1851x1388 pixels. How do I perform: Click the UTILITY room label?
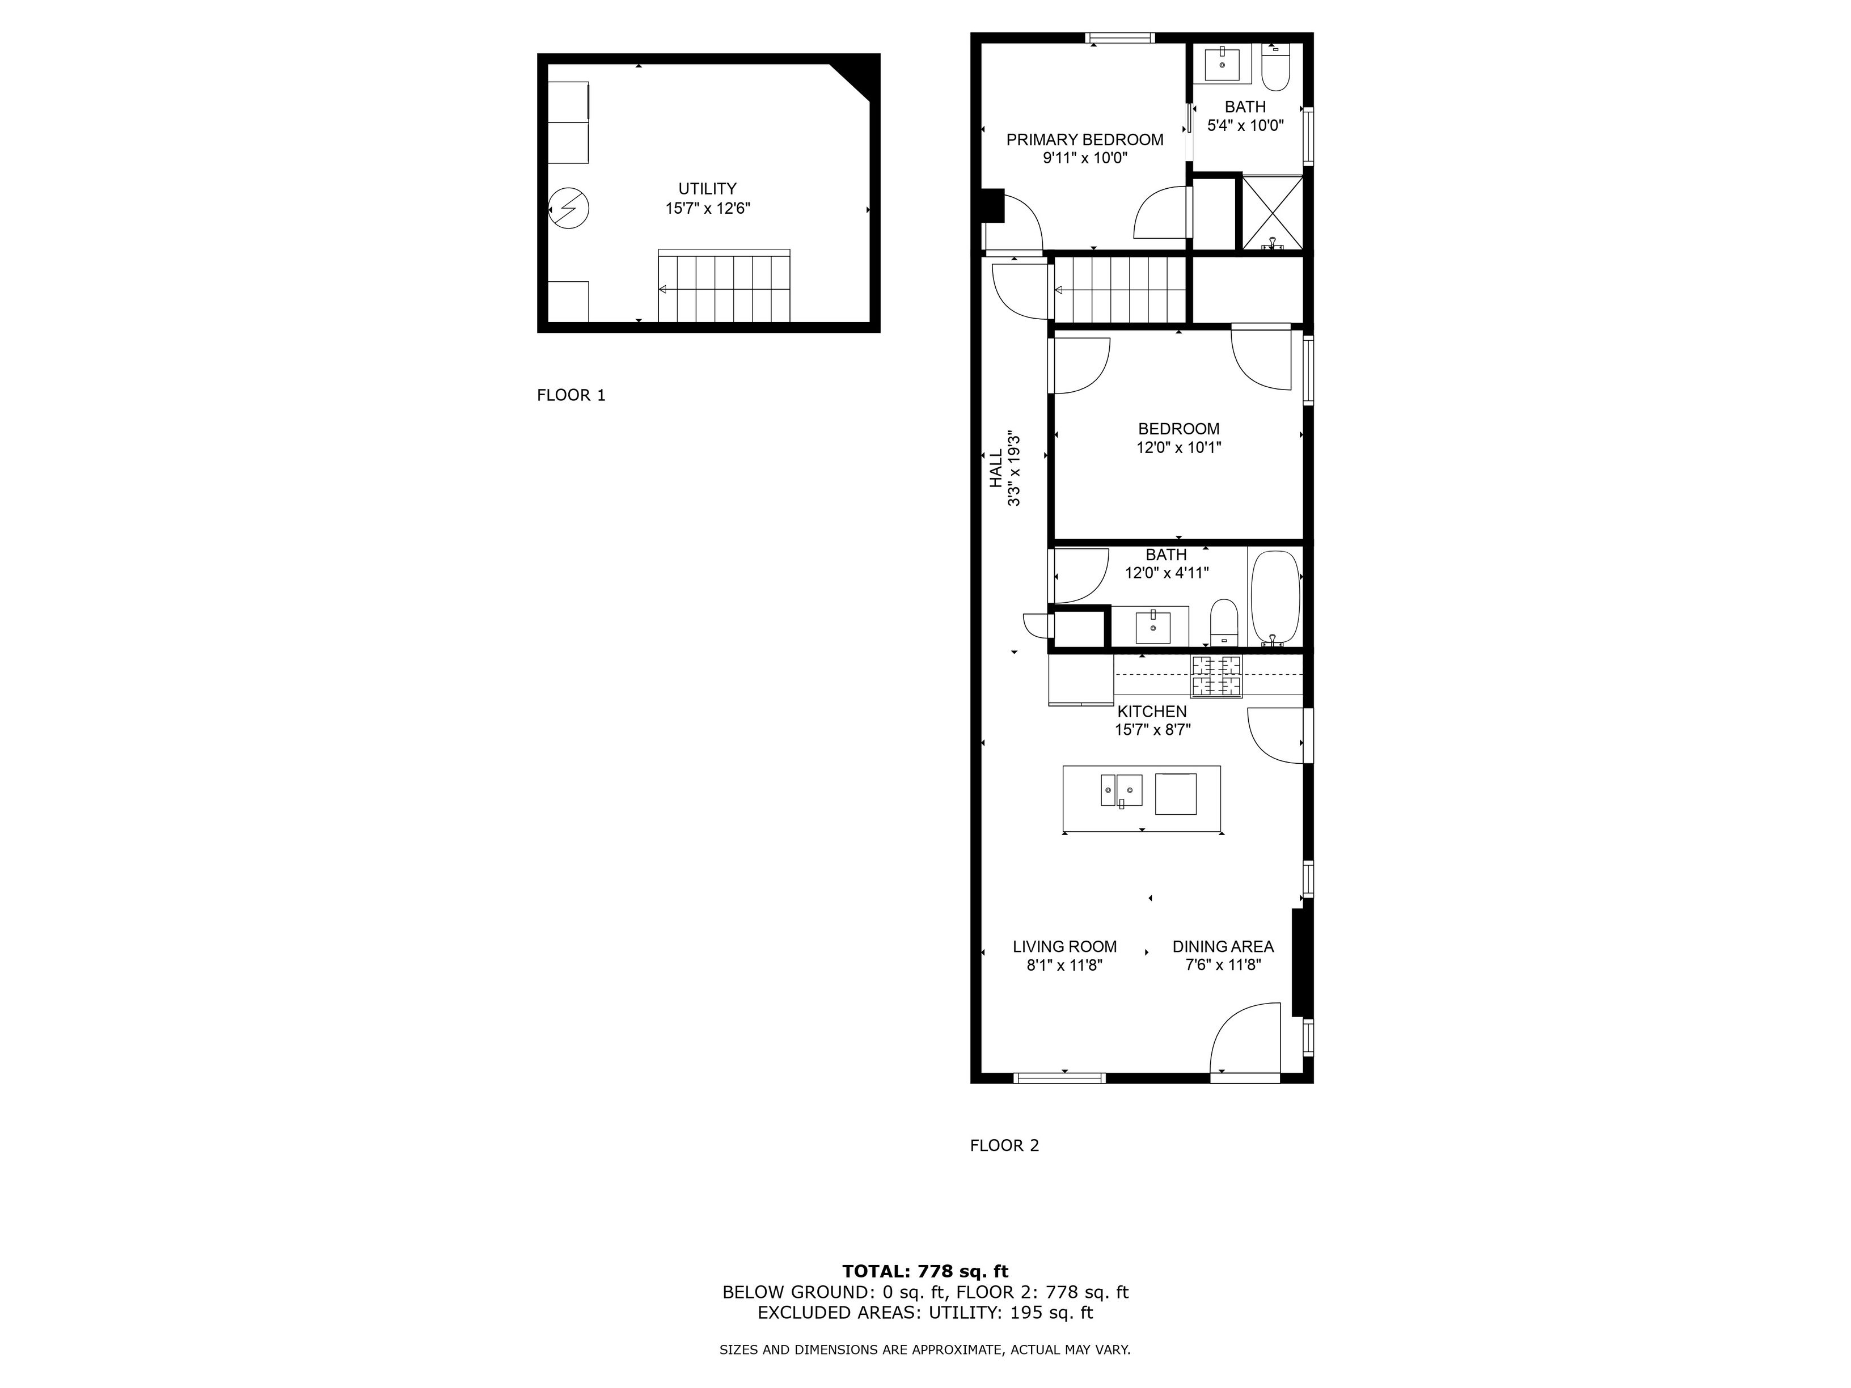pos(707,189)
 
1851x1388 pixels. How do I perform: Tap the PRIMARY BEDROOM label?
pos(1084,139)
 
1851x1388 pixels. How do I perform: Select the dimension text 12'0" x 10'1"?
pos(1178,447)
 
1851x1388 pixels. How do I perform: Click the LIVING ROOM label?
pos(1064,946)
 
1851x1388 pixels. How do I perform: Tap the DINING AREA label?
pos(1223,946)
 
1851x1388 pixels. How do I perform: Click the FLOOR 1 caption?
pos(570,395)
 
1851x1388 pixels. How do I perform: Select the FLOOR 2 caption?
pos(1004,1145)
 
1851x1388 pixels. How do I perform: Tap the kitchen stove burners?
pos(1218,676)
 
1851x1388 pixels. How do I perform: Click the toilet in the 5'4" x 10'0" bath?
pos(1276,69)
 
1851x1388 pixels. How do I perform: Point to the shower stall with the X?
pos(1273,213)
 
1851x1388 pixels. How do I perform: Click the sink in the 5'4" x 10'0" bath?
pos(1223,64)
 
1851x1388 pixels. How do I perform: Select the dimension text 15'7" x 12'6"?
pos(707,208)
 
